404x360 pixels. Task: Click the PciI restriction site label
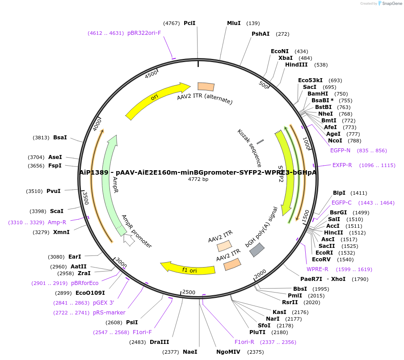189,23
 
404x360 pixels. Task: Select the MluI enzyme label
234,23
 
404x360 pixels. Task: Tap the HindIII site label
296,65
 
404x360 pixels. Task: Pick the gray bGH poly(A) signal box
257,250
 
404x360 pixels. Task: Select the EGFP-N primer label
340,151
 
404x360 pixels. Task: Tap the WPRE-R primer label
317,269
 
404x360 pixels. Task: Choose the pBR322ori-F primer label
144,33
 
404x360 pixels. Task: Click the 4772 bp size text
198,180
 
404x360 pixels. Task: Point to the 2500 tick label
189,292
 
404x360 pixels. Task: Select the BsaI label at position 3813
60,138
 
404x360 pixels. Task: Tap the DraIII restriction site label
159,342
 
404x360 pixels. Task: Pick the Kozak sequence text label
249,148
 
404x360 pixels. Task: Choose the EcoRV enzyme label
321,260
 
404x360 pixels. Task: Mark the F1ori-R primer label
244,342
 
